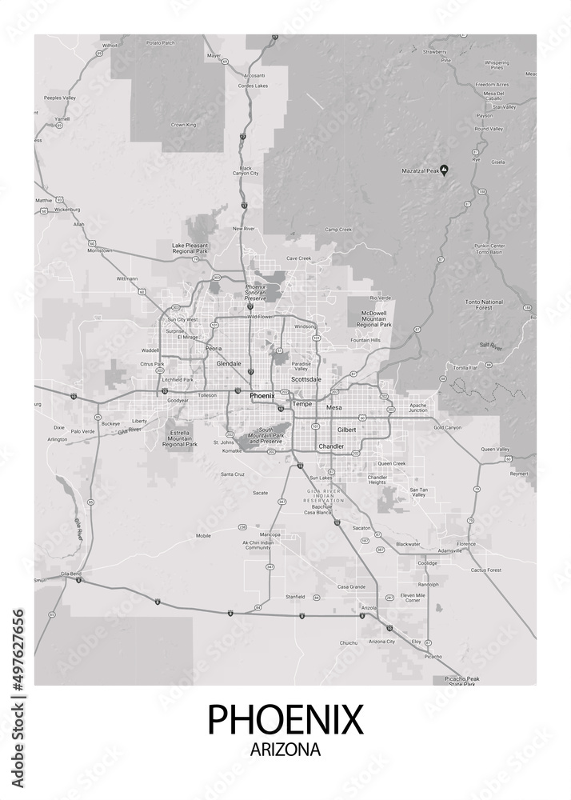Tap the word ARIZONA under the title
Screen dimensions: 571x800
tap(285, 750)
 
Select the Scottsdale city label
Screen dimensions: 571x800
tap(305, 379)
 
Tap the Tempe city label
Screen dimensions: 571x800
tap(303, 404)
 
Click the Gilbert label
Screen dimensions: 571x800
tap(346, 430)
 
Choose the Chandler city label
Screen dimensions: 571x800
tap(331, 446)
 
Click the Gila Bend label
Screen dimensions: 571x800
tap(47, 574)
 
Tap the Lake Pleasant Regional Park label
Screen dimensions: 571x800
tap(190, 248)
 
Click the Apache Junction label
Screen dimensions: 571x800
tap(417, 407)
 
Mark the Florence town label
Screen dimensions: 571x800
tap(467, 544)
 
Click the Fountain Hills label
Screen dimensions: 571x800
tap(365, 341)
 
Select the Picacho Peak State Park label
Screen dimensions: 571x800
tap(460, 681)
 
